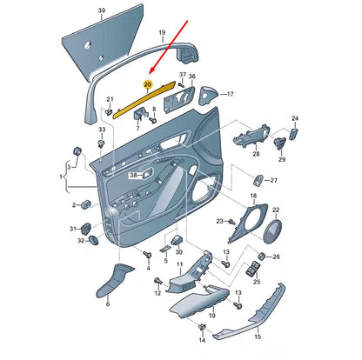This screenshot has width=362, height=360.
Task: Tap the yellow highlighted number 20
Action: point(147,85)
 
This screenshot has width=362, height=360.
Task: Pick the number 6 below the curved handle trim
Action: point(108,305)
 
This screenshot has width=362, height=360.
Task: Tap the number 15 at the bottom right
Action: point(257,334)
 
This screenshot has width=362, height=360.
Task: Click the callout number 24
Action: point(294,118)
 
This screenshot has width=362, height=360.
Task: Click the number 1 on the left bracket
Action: point(61,177)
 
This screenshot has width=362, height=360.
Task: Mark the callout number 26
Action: point(276,257)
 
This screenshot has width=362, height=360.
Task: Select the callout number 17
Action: point(230,93)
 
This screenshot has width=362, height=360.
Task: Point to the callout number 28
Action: point(256,154)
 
